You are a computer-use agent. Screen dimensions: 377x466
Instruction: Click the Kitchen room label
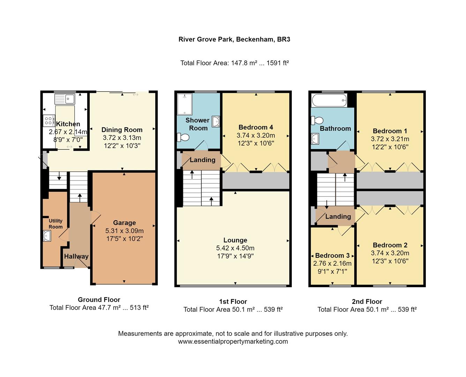coord(68,124)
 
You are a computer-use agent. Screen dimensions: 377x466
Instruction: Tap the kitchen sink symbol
coord(65,99)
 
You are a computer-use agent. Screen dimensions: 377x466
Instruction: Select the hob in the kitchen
coord(49,121)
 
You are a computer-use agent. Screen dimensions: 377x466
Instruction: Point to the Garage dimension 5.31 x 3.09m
coord(124,231)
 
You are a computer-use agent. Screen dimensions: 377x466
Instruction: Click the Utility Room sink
coord(47,236)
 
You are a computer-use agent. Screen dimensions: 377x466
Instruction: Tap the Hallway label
coord(76,256)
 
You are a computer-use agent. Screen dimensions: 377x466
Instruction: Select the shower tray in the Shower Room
coord(185,104)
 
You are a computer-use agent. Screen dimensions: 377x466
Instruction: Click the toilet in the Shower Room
coord(183,137)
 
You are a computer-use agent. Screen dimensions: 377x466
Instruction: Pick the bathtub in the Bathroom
coord(329,101)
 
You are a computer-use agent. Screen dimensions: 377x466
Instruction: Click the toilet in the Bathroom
coord(317,120)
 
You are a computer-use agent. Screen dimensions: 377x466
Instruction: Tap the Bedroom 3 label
coord(332,256)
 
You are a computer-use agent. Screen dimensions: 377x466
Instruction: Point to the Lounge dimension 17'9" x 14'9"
coord(235,256)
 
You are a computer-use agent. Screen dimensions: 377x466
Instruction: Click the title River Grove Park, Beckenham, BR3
coord(234,39)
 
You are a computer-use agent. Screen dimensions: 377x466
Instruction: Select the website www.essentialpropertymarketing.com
coord(233,342)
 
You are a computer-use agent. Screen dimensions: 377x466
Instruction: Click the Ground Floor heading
coord(99,300)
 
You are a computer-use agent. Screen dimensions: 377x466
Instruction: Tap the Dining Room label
coord(122,130)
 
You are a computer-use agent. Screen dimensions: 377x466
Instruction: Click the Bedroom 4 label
coord(256,127)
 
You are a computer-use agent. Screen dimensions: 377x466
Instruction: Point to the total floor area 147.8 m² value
coord(244,63)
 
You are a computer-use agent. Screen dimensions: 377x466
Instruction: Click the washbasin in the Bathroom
coord(315,139)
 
